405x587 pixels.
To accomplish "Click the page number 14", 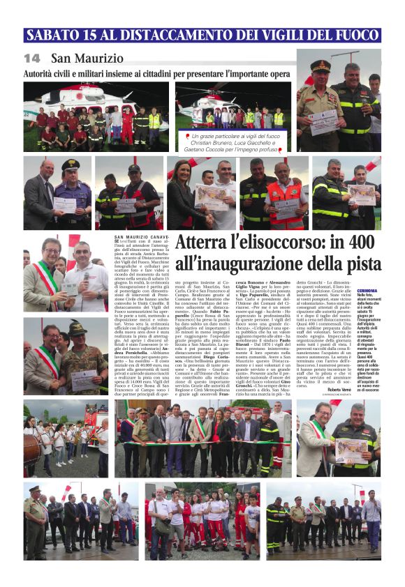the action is (x=31, y=59).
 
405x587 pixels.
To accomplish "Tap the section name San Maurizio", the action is (x=87, y=59).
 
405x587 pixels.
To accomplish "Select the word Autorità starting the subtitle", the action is (x=43, y=73).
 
